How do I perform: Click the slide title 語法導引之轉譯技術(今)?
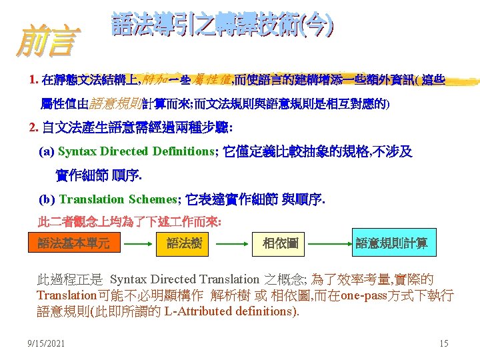[x=223, y=26]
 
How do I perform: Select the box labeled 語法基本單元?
[x=73, y=243]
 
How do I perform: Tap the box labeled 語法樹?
[x=184, y=243]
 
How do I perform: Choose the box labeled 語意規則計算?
[x=392, y=243]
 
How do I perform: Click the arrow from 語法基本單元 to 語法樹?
[x=139, y=244]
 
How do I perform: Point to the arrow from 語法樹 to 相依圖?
[x=232, y=244]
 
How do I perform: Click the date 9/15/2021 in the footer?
[x=46, y=343]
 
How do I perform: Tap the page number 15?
[x=444, y=343]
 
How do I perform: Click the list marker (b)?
[x=47, y=199]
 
